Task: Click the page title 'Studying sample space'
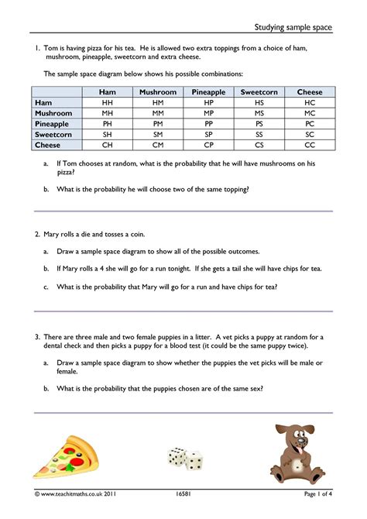293,28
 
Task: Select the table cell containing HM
158,102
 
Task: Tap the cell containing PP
208,123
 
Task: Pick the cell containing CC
310,144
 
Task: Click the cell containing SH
108,134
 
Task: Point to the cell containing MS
259,113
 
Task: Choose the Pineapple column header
208,92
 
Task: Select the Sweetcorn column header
259,92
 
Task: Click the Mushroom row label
53,113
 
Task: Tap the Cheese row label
47,144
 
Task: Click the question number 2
36,234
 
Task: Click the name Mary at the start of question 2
53,234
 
